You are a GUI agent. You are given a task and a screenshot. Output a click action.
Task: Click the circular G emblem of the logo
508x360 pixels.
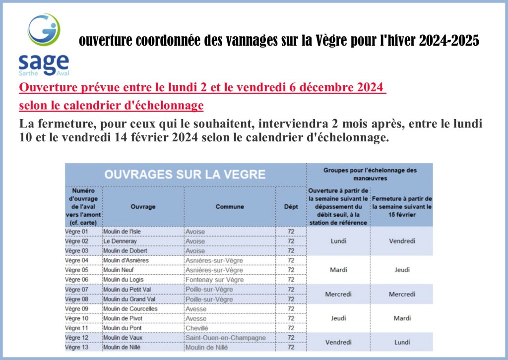click(44, 29)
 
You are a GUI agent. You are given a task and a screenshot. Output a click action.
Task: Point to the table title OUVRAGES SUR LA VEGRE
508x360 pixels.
click(185, 175)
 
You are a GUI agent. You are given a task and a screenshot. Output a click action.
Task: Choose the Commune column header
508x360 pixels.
click(230, 207)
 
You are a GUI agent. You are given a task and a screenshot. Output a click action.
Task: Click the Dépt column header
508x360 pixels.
click(291, 207)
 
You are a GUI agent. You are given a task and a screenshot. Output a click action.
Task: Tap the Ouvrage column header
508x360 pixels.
click(143, 207)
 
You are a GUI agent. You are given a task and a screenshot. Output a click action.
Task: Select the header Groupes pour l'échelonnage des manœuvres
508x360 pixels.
click(370, 174)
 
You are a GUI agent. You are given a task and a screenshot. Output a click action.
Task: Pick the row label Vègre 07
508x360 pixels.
click(76, 290)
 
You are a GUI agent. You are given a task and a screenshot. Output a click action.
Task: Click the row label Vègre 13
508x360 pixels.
click(76, 347)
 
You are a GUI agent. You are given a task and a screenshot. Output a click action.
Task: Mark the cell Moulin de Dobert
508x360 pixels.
click(125, 251)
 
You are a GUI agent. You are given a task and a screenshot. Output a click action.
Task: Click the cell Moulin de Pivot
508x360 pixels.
click(123, 318)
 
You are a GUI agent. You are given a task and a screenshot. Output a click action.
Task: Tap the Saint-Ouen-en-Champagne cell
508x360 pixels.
click(226, 338)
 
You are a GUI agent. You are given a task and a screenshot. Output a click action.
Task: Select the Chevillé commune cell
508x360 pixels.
click(196, 328)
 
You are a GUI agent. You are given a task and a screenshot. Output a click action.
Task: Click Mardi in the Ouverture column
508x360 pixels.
click(338, 270)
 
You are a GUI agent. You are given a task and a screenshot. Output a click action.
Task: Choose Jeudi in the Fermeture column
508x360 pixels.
click(402, 270)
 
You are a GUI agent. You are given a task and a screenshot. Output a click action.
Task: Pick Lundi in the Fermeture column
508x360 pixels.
click(402, 342)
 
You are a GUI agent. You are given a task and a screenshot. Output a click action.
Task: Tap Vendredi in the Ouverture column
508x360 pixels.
click(338, 342)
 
